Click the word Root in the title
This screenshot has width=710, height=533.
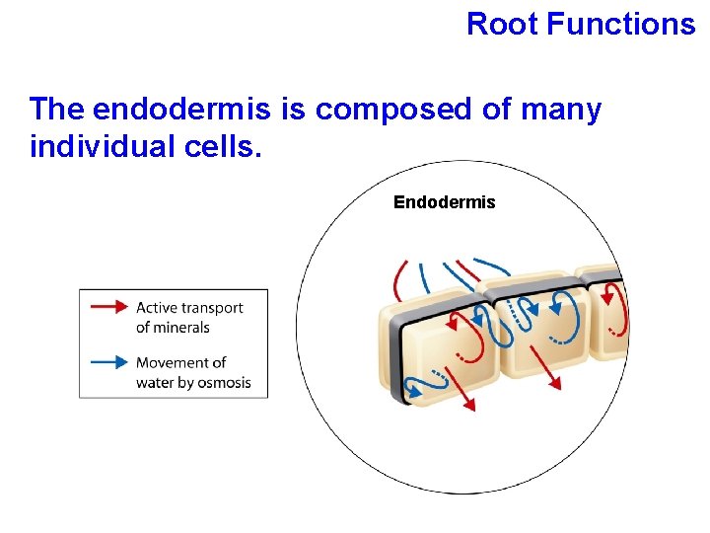coord(503,23)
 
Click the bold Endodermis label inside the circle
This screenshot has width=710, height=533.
coord(444,202)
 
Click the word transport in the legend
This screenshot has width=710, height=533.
coord(213,308)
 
